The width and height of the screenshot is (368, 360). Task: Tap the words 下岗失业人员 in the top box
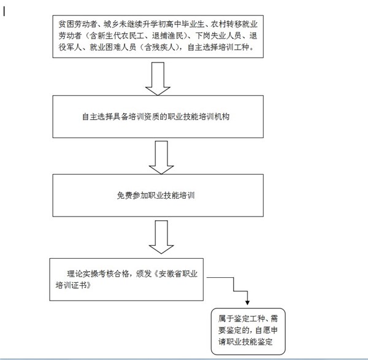218,36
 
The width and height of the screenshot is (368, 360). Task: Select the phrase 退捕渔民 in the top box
167,36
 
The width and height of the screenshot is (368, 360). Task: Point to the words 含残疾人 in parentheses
160,47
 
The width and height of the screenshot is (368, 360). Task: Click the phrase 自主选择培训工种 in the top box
218,47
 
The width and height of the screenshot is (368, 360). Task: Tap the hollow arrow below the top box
158,79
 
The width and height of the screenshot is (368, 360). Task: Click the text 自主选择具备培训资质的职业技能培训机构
156,117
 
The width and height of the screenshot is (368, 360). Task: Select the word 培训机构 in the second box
214,117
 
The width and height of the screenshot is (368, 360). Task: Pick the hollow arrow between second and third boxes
161,158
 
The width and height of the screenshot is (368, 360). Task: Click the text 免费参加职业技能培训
156,195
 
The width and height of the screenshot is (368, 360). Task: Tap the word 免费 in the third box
125,195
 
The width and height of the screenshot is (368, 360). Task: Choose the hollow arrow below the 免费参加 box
161,237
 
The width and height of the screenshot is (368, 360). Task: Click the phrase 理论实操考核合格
98,274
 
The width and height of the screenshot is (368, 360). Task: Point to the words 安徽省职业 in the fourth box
178,274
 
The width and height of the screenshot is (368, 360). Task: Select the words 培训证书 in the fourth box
71,285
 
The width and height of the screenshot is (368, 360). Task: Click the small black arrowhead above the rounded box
247,302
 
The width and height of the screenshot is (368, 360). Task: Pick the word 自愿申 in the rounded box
266,330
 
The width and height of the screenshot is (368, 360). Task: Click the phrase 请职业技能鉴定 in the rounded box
245,342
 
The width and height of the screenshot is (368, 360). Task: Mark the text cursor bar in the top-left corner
4,11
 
